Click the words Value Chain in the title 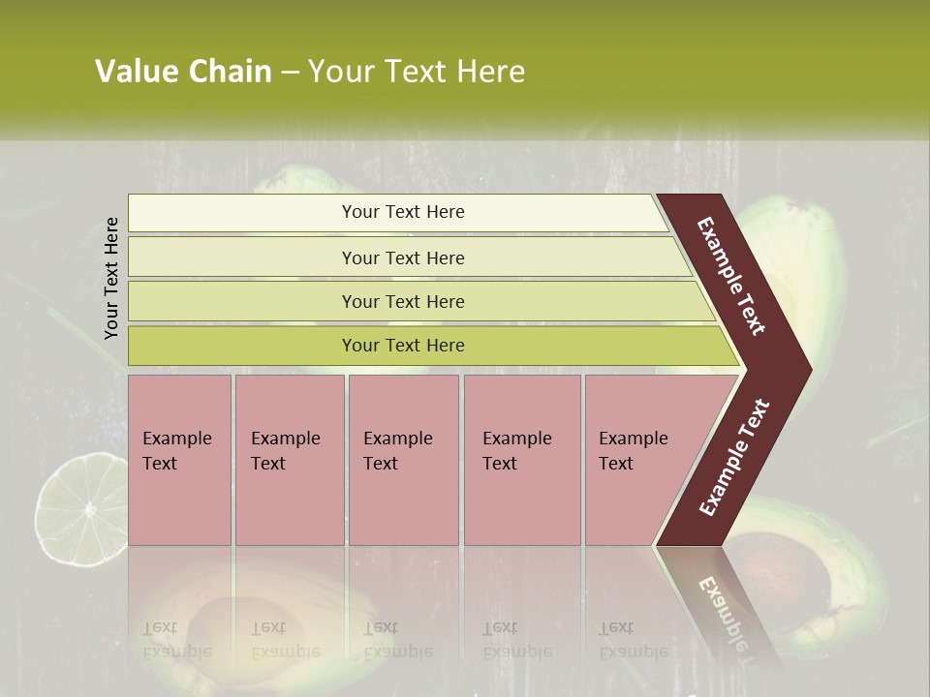(183, 72)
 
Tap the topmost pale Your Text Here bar (402, 212)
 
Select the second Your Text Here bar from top (402, 258)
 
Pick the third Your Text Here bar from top (402, 301)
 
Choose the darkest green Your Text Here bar (402, 346)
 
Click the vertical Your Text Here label (112, 278)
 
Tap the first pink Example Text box (179, 460)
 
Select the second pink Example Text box (289, 460)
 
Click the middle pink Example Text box (403, 460)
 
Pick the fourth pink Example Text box (521, 460)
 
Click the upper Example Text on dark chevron (731, 276)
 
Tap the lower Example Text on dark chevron (734, 457)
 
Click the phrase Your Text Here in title (417, 72)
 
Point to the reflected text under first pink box (176, 639)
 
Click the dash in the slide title (290, 72)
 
